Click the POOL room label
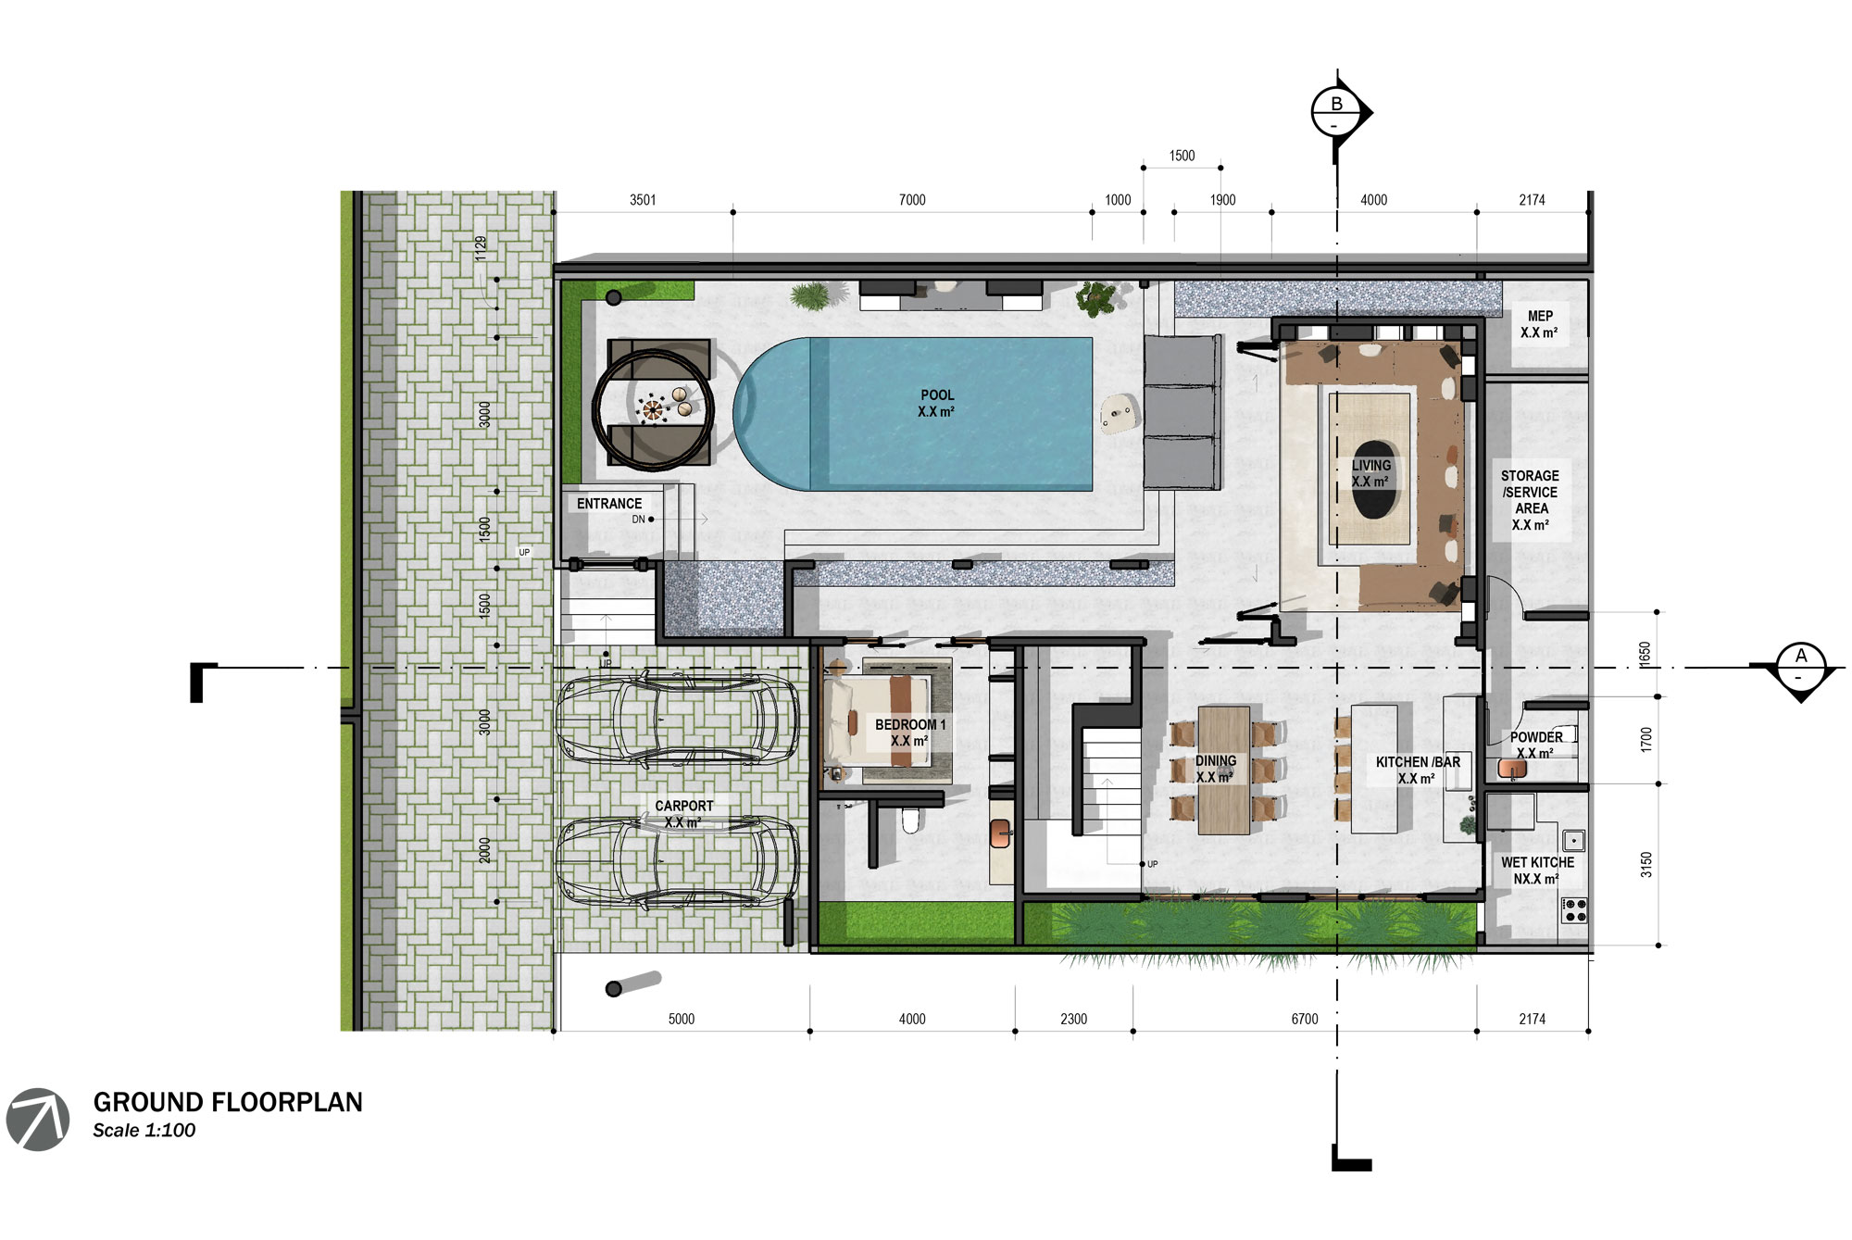[936, 403]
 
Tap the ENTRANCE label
[608, 504]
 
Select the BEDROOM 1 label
[909, 732]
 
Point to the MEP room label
[1539, 324]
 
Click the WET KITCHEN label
[1537, 870]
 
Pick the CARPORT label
[683, 813]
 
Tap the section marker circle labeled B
[1336, 112]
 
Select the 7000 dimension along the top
[912, 200]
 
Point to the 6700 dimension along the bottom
[1304, 1019]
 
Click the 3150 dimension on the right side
[1646, 865]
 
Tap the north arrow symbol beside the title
[38, 1120]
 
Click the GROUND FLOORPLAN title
[228, 1102]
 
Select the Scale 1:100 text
[144, 1131]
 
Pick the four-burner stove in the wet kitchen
[1574, 909]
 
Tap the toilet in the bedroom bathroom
[910, 820]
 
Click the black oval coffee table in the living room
[1372, 480]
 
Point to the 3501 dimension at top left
[643, 200]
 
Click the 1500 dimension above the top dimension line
[1182, 156]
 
